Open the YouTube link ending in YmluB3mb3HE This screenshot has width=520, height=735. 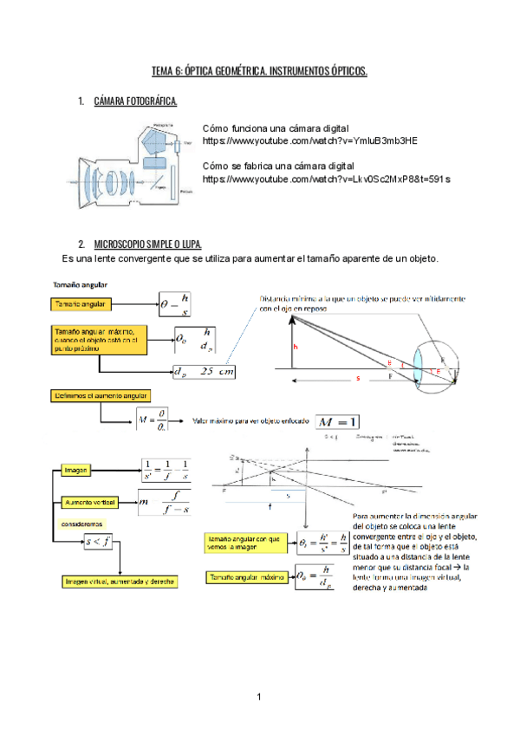[309, 140]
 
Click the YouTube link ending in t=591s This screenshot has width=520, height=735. [326, 179]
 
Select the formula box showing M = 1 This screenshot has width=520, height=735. [336, 421]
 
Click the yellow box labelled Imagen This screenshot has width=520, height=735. [77, 470]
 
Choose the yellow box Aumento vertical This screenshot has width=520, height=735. [89, 503]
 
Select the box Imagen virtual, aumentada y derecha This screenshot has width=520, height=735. [116, 582]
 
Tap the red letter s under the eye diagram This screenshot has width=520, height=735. [357, 379]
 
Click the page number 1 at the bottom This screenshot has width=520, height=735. [258, 697]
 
